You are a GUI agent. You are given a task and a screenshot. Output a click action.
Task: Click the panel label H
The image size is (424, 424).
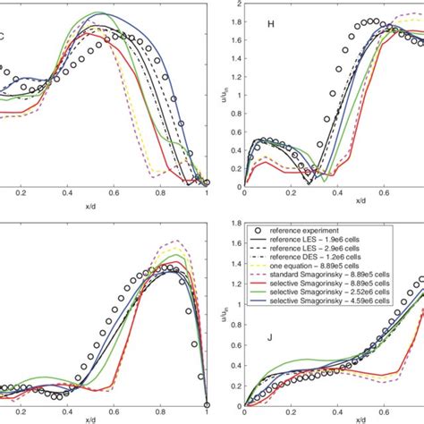[272, 24]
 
